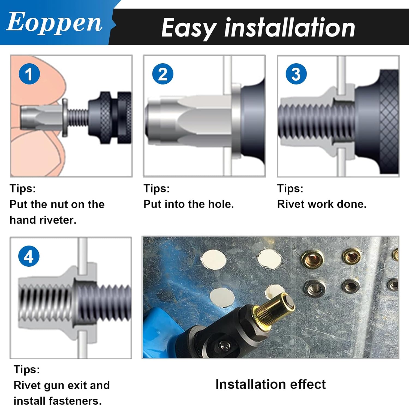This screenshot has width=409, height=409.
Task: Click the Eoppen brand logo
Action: click(54, 23)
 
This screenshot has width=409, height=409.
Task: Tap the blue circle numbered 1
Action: click(29, 74)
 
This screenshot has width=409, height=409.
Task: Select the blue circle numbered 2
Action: click(163, 74)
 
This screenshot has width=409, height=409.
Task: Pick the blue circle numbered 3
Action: click(296, 74)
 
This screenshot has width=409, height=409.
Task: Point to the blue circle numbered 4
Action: click(29, 256)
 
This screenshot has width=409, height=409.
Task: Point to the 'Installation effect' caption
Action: click(270, 384)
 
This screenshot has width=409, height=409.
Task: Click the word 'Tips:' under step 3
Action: click(290, 188)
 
